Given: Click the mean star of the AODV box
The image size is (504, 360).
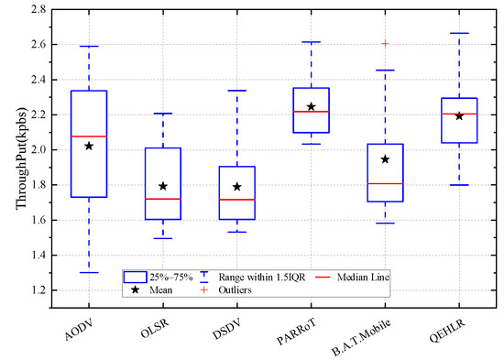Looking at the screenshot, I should click(x=88, y=146).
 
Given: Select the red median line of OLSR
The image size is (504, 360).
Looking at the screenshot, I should click(x=162, y=199).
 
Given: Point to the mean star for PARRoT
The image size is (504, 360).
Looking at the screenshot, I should click(x=311, y=106).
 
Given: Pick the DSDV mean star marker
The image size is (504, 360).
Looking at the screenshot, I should click(x=236, y=187).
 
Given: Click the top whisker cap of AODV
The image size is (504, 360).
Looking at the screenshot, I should click(x=88, y=46).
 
